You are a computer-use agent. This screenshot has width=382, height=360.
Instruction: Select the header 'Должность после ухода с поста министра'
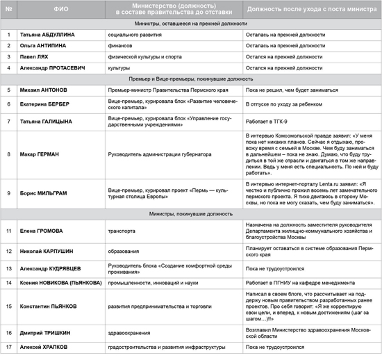(x=310, y=9)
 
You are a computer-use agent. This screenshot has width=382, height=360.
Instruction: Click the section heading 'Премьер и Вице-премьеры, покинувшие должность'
(x=190, y=79)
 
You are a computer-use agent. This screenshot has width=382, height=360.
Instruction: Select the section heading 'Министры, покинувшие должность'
(x=190, y=216)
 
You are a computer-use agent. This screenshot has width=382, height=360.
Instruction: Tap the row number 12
(x=8, y=249)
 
